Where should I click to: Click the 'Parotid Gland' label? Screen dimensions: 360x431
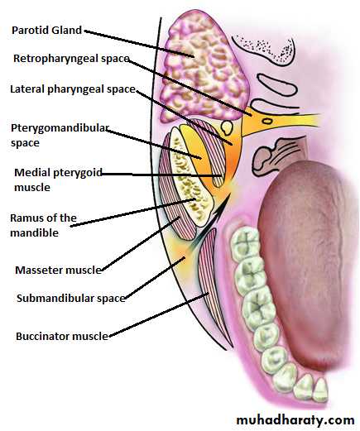pos(46,31)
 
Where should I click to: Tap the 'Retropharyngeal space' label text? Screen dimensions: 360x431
pos(71,59)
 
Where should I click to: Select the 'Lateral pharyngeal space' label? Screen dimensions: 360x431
pos(73,89)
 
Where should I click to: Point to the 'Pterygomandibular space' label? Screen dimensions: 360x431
pos(60,136)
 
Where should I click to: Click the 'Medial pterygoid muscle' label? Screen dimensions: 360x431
pos(58,180)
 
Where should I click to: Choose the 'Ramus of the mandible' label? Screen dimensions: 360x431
pos(43,225)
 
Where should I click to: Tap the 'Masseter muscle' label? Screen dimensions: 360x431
pos(59,270)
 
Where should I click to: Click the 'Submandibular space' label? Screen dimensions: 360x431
pos(71,299)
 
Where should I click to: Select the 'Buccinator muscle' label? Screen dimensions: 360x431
pos(62,336)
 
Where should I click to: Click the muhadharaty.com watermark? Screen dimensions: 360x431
pos(295,420)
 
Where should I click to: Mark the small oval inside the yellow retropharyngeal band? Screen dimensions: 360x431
pos(267,121)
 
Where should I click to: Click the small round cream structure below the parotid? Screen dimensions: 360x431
pos(227,127)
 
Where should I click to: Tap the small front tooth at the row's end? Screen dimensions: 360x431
pos(321,390)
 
